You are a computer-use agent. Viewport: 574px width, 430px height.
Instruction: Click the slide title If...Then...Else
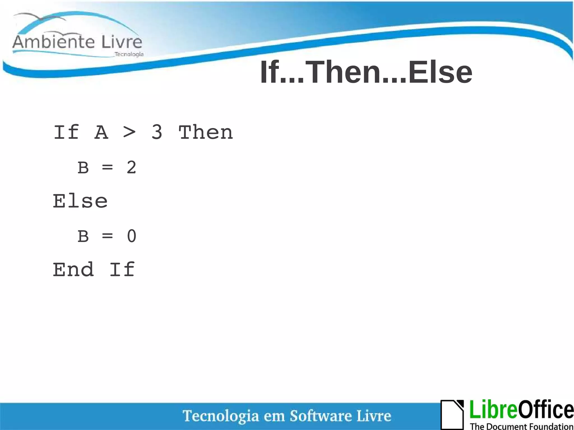[366, 72]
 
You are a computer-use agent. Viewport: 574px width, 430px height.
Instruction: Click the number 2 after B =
[131, 168]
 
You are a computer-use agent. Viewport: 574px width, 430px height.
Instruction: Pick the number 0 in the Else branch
[131, 236]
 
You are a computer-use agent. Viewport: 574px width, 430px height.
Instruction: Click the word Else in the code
[80, 201]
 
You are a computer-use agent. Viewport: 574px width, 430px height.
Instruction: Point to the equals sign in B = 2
[107, 168]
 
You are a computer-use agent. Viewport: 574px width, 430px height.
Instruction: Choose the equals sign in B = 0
[107, 236]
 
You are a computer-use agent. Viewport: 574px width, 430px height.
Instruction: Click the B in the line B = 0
[83, 236]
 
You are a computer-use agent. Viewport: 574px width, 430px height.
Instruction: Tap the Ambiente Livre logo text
[77, 42]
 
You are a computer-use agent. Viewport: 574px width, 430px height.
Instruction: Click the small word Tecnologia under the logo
[129, 54]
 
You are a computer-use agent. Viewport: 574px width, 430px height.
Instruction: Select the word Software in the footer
[321, 416]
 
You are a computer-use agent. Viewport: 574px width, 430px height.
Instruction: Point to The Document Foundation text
[521, 426]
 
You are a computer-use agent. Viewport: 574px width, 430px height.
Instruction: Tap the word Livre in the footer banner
[374, 416]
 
